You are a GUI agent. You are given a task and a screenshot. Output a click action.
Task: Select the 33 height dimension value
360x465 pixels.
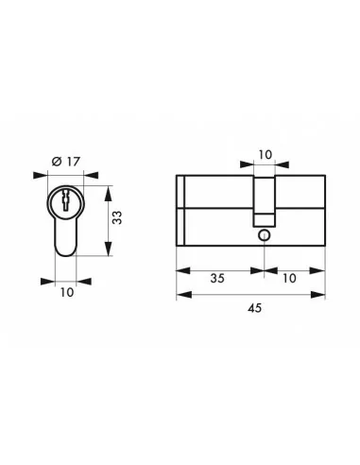tap(116, 220)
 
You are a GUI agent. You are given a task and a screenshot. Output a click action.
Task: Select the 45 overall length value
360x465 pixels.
tap(251, 309)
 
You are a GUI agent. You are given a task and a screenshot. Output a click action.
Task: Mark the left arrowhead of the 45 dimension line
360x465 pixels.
tap(182, 295)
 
